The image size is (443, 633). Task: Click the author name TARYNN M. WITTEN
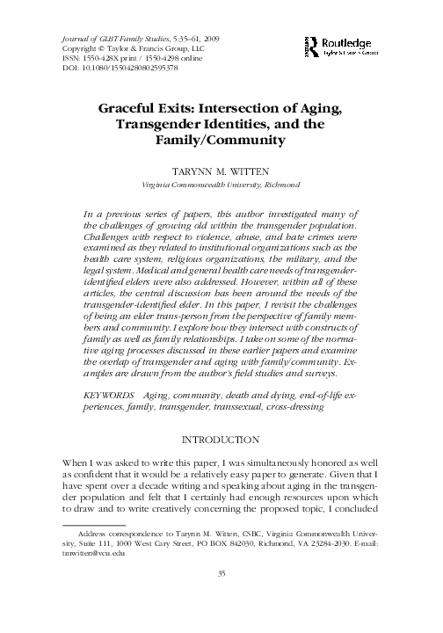(x=221, y=172)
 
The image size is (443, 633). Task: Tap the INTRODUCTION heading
(x=221, y=439)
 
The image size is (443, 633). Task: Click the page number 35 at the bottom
(x=221, y=599)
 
